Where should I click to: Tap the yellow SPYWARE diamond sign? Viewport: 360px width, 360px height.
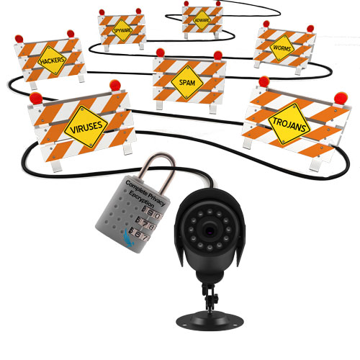(x=121, y=30)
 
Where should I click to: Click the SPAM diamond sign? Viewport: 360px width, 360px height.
(x=187, y=84)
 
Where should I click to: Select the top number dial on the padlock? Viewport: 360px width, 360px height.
(x=150, y=214)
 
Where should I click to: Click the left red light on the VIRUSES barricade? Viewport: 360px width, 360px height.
(x=35, y=97)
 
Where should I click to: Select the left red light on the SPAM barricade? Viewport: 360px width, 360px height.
(x=160, y=53)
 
